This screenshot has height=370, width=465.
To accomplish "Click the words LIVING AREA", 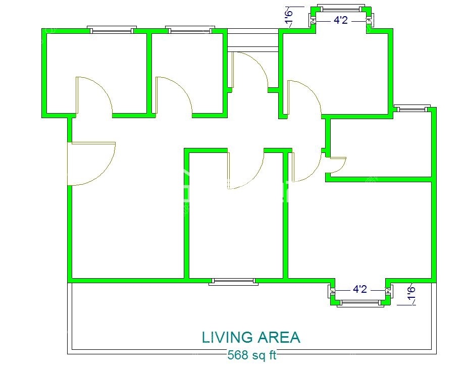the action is (251, 337).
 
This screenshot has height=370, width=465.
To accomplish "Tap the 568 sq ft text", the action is (252, 355).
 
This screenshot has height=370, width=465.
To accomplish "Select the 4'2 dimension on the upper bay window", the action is (340, 20).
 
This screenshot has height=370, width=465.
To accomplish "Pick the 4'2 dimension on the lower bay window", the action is (359, 289).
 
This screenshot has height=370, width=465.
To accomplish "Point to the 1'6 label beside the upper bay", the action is (289, 18).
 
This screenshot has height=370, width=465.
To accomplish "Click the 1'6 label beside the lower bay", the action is (411, 293).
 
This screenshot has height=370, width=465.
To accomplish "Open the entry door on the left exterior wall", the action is (91, 164).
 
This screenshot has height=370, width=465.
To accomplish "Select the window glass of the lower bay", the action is (360, 302).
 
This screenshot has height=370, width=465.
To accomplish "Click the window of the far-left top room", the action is (112, 30).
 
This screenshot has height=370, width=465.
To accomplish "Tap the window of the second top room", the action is (190, 30).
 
